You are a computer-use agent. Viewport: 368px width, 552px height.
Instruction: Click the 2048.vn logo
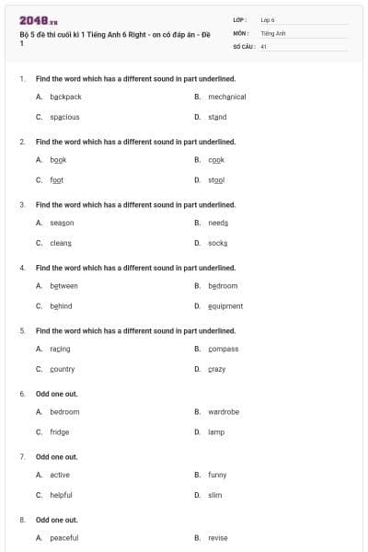tap(39, 20)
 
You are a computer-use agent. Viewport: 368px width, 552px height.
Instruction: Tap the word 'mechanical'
tap(226, 97)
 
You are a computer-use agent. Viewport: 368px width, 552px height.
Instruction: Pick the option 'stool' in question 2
tap(216, 180)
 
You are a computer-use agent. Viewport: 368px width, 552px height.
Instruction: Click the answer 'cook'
tap(216, 159)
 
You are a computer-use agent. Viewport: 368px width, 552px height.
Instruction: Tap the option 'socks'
tap(217, 243)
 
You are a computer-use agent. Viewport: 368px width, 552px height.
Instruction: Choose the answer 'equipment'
tap(225, 306)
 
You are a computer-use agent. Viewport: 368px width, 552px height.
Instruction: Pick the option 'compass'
tap(223, 349)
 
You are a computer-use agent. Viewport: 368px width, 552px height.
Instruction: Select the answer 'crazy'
tap(216, 369)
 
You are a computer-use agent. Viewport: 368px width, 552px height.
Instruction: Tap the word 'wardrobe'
tap(224, 411)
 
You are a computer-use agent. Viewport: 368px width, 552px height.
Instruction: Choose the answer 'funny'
tap(217, 475)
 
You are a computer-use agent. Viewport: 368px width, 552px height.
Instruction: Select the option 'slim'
tap(215, 495)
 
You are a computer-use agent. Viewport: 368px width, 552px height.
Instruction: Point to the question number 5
tap(22, 330)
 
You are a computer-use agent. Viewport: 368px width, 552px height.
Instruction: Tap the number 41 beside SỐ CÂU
tap(264, 46)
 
